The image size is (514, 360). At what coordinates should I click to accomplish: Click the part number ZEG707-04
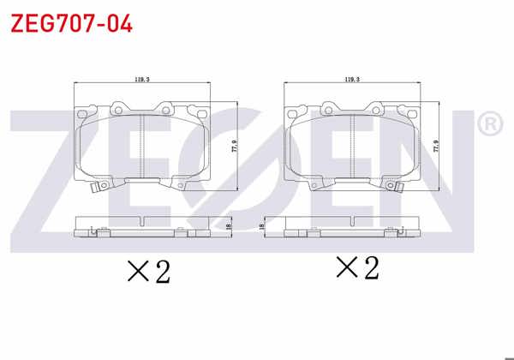click(x=70, y=23)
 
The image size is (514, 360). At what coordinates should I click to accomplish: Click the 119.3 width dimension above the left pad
click(x=142, y=80)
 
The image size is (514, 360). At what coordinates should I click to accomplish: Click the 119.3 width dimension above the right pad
click(x=351, y=80)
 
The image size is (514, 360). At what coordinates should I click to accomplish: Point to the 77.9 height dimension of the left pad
click(x=233, y=147)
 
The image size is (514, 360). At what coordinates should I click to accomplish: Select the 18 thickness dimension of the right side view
click(x=260, y=226)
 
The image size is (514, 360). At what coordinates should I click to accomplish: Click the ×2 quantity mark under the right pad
click(x=357, y=268)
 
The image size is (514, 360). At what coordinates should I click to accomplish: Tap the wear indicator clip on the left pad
click(x=102, y=185)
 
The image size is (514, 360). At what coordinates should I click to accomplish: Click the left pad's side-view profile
click(x=142, y=225)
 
